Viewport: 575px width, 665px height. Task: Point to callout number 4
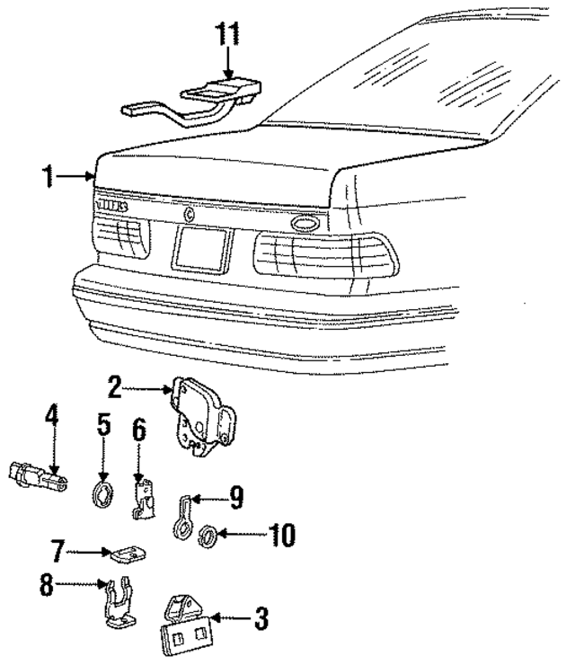52,417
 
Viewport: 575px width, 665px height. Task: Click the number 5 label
104,425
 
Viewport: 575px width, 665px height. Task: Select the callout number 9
235,494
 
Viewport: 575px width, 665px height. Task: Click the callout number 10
279,536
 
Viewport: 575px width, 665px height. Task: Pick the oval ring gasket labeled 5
104,492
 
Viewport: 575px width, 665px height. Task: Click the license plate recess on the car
202,249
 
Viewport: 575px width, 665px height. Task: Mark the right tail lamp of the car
323,256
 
